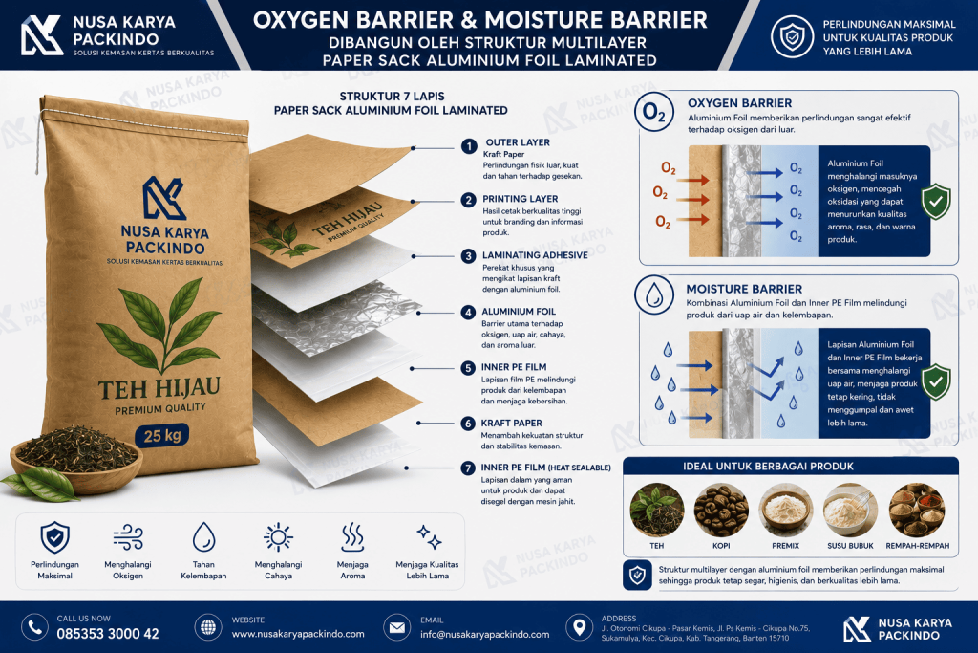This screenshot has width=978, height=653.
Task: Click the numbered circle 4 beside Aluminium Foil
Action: pyautogui.click(x=468, y=312)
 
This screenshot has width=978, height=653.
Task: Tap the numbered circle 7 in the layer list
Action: pyautogui.click(x=468, y=468)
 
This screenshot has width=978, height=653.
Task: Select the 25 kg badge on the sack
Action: pyautogui.click(x=162, y=435)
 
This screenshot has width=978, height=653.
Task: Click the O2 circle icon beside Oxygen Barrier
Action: pyautogui.click(x=653, y=113)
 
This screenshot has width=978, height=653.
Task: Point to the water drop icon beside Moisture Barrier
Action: pyautogui.click(x=653, y=294)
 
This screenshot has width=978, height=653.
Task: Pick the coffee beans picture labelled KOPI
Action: pyautogui.click(x=721, y=511)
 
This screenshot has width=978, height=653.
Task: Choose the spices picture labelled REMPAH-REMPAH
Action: pyautogui.click(x=917, y=511)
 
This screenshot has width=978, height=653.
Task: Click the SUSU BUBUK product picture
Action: pyautogui.click(x=850, y=511)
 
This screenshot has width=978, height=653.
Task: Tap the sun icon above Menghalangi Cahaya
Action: pyautogui.click(x=278, y=537)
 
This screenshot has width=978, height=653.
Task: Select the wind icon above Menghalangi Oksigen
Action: pyautogui.click(x=129, y=537)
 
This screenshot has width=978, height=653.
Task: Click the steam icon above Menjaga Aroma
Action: pyautogui.click(x=352, y=537)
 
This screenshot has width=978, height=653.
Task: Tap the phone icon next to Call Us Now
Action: pyautogui.click(x=35, y=627)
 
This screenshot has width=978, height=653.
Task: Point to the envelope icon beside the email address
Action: pyautogui.click(x=396, y=627)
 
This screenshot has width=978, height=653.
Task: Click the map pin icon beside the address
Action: pyautogui.click(x=579, y=627)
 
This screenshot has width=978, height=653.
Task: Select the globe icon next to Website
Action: pyautogui.click(x=207, y=627)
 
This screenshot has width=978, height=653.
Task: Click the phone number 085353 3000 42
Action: pyautogui.click(x=108, y=634)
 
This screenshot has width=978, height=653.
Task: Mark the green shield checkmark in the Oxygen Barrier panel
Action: pyautogui.click(x=936, y=201)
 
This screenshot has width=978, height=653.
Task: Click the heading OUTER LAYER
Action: pyautogui.click(x=518, y=142)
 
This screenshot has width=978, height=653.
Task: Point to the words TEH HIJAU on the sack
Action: pyautogui.click(x=159, y=388)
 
